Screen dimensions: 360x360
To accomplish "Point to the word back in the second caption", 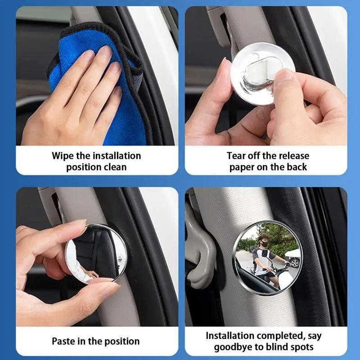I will click(x=297, y=167).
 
